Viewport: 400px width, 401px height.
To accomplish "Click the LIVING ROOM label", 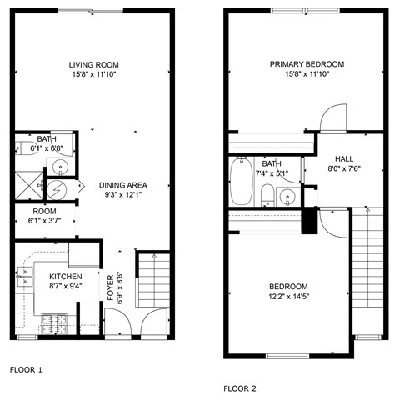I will pyautogui.click(x=94, y=64).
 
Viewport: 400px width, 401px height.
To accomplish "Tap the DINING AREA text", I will pyautogui.click(x=123, y=184).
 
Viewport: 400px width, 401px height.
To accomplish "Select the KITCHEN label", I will pyautogui.click(x=65, y=276).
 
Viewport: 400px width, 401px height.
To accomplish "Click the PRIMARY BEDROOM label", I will pyautogui.click(x=307, y=64).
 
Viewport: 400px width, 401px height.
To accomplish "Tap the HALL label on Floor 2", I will pyautogui.click(x=344, y=158).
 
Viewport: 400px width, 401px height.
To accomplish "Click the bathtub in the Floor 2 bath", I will pyautogui.click(x=241, y=181).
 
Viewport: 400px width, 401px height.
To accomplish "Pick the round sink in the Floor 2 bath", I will pyautogui.click(x=287, y=197).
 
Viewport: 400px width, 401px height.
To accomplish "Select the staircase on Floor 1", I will pyautogui.click(x=152, y=283).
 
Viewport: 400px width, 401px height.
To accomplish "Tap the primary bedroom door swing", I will pyautogui.click(x=333, y=117).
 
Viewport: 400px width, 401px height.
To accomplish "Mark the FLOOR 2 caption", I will pyautogui.click(x=240, y=388).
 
